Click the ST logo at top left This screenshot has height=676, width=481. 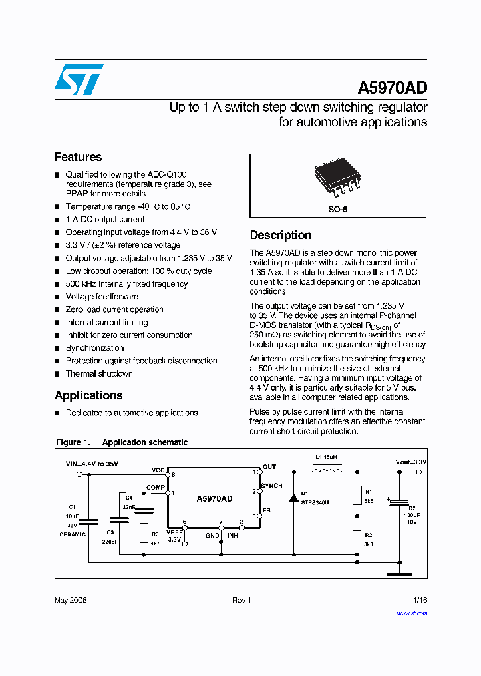pyautogui.click(x=79, y=79)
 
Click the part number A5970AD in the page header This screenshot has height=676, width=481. pyautogui.click(x=392, y=88)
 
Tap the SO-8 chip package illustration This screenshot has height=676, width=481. pyautogui.click(x=338, y=181)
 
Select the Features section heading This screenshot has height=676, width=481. pyautogui.click(x=78, y=157)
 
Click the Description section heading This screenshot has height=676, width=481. pyautogui.click(x=281, y=235)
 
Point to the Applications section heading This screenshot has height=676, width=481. pyautogui.click(x=88, y=395)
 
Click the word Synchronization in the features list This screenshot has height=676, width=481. pyautogui.click(x=95, y=348)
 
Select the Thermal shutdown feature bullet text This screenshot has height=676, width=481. pyautogui.click(x=99, y=374)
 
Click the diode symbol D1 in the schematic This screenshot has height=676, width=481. pyautogui.click(x=293, y=497)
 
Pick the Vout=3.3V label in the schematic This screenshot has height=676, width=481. pyautogui.click(x=410, y=462)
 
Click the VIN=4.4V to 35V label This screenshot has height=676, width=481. pyautogui.click(x=92, y=463)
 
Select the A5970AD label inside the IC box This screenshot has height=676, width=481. pyautogui.click(x=214, y=499)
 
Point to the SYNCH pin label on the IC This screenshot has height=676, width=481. pyautogui.click(x=271, y=486)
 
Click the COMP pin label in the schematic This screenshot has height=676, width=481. pyautogui.click(x=156, y=488)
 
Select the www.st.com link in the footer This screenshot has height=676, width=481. pyautogui.click(x=412, y=613)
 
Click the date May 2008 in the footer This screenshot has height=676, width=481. pyautogui.click(x=70, y=601)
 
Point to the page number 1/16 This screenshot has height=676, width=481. pyautogui.click(x=420, y=601)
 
